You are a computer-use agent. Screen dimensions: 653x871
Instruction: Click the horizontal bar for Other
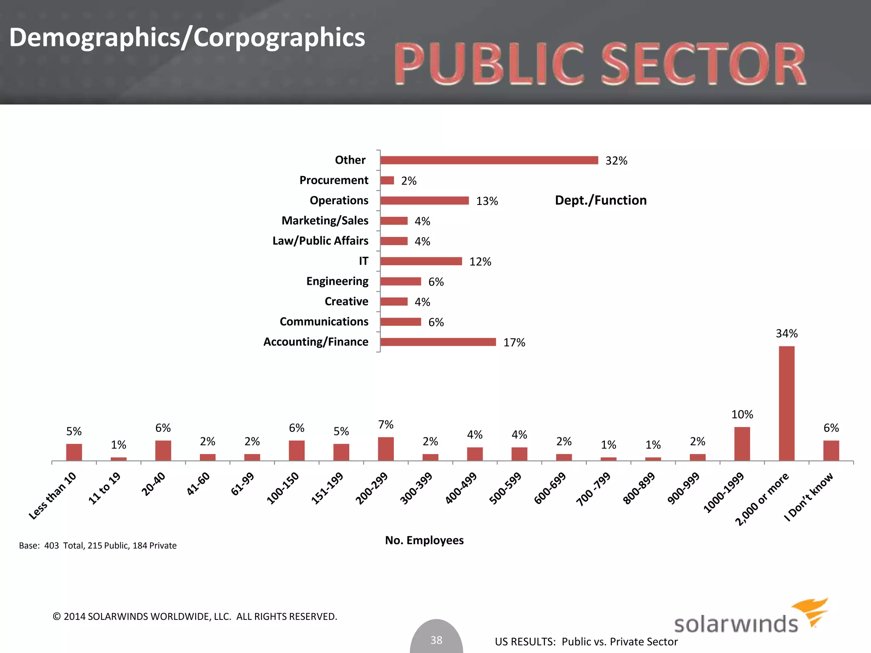pos(489,160)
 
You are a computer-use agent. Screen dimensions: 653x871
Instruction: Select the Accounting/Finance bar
pos(438,342)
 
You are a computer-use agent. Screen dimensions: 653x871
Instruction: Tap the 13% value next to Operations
pos(487,201)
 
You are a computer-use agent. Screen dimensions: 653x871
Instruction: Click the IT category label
pos(363,261)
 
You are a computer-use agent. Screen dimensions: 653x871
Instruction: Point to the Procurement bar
pos(387,181)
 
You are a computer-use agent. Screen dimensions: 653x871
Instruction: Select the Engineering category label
pos(337,281)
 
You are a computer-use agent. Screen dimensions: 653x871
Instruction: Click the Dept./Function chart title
pos(601,200)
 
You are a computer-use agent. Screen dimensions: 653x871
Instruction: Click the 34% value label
pos(786,333)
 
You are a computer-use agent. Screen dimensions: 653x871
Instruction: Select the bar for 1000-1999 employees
pos(742,444)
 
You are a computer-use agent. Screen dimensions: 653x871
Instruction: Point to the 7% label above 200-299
pos(386,425)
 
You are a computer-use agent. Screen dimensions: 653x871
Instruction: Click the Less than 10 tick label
pos(53,496)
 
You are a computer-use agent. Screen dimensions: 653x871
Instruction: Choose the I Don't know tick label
pos(809,497)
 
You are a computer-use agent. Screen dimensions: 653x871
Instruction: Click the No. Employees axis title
pos(424,540)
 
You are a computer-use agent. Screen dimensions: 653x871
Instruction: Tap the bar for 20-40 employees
pos(163,451)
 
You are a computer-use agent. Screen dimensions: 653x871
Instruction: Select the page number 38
pos(436,640)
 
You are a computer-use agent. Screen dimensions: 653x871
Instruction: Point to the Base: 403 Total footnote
pos(97,545)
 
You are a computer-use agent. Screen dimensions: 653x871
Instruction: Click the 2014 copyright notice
pos(195,616)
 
